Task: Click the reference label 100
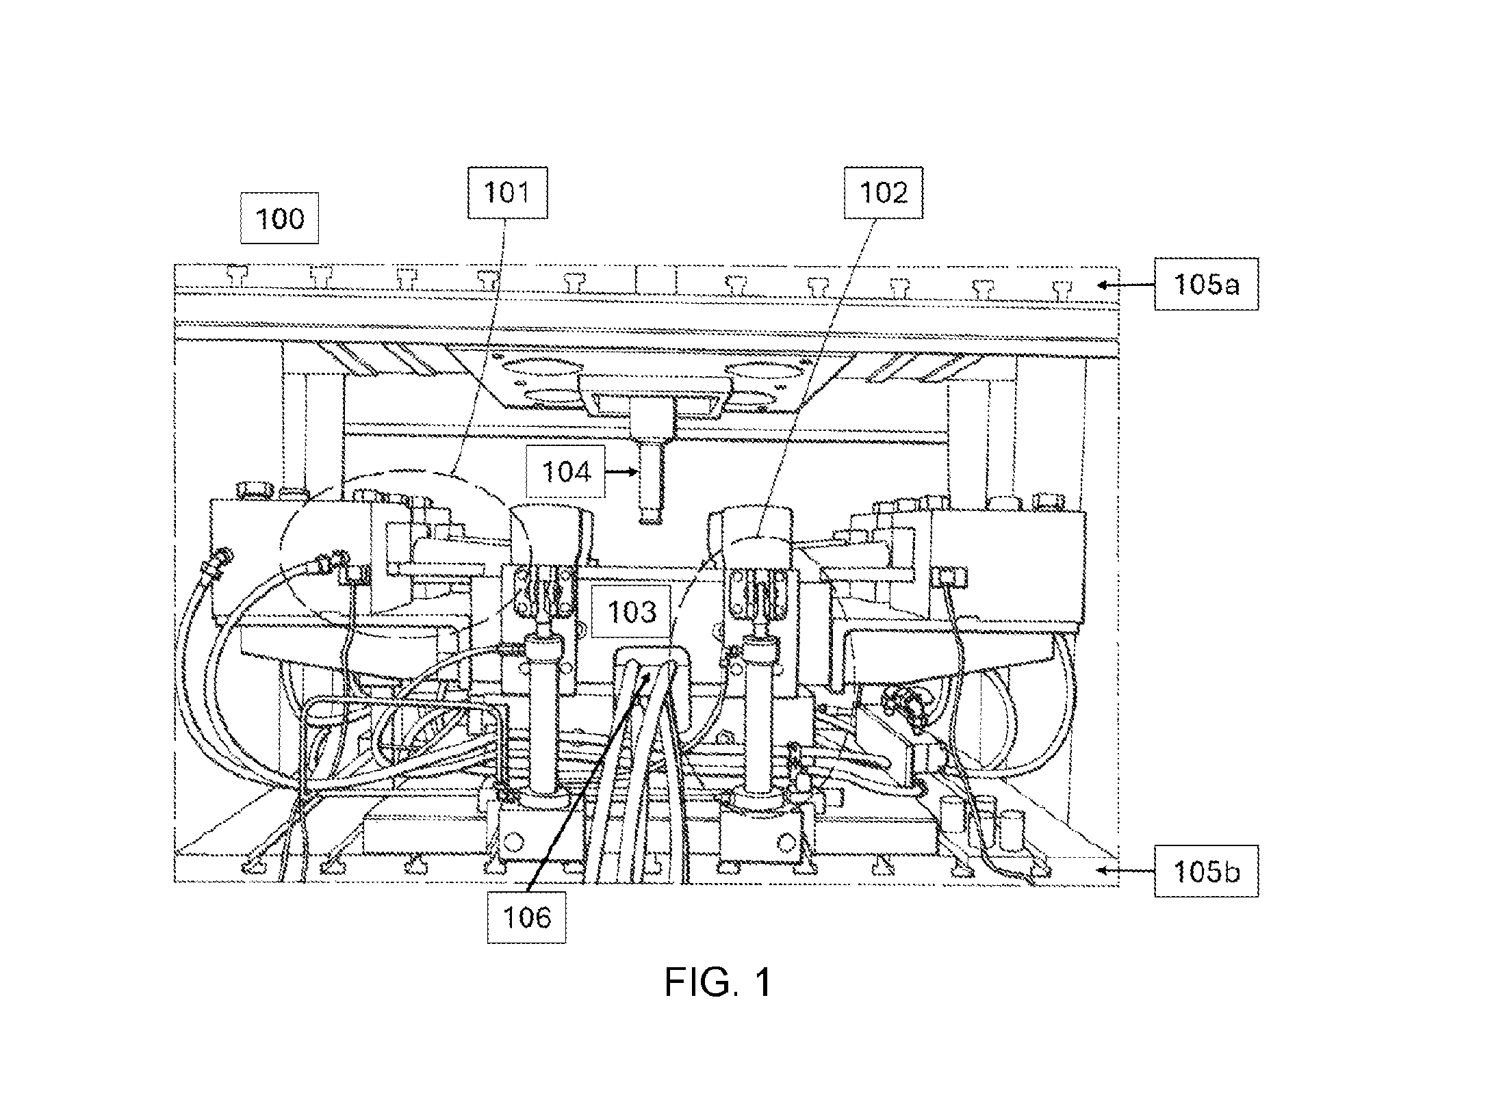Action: point(279,218)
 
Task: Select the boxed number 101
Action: point(507,193)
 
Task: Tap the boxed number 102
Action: point(883,193)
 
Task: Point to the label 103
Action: point(632,612)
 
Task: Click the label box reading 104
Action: point(566,472)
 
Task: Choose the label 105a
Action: point(1206,284)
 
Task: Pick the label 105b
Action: point(1206,871)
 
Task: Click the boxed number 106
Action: point(526,917)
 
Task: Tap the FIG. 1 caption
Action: point(719,982)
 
